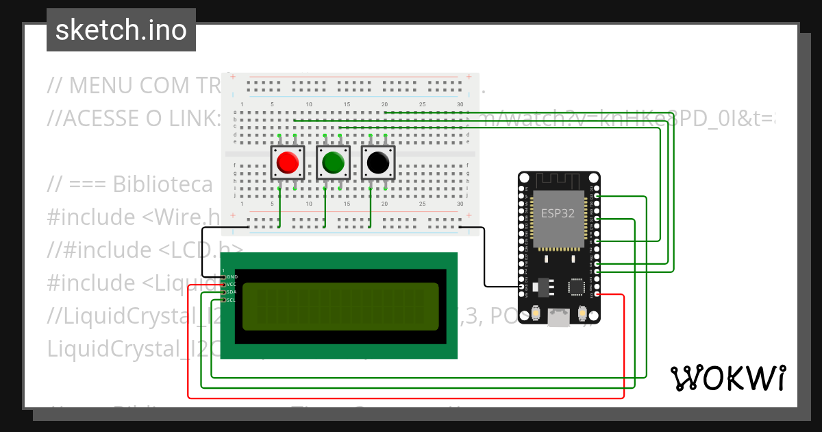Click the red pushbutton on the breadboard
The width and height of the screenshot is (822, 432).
(x=287, y=163)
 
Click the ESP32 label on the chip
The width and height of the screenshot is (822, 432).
(x=558, y=213)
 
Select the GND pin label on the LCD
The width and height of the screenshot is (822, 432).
(x=232, y=276)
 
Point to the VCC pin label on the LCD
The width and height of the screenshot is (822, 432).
(x=232, y=284)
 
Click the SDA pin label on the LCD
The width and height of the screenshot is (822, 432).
(x=232, y=292)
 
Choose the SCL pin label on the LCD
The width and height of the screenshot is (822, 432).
(x=232, y=300)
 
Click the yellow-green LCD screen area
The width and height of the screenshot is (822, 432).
(x=340, y=307)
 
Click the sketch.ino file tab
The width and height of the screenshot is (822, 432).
(x=121, y=30)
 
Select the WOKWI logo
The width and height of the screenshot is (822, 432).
(x=727, y=378)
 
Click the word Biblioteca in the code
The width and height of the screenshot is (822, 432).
(x=162, y=184)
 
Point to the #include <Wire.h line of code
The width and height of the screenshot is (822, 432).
(x=134, y=217)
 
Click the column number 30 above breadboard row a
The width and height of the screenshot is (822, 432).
(x=459, y=104)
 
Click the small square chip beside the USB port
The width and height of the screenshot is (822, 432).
(x=576, y=285)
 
